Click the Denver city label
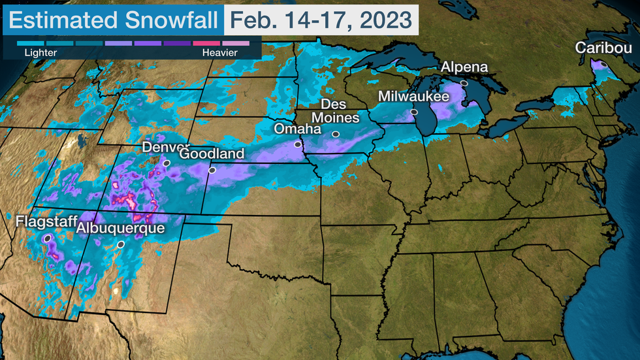click(166, 147)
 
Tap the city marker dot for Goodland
click(212, 170)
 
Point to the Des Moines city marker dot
click(335, 135)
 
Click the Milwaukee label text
click(414, 97)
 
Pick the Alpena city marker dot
click(464, 84)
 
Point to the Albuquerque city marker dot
click(121, 244)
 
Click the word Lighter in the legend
click(40, 52)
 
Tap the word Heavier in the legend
click(219, 52)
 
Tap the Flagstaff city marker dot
click(47, 240)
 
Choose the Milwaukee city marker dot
click(414, 112)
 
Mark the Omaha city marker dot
click(298, 144)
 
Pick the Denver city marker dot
click(167, 163)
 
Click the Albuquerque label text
click(121, 229)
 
